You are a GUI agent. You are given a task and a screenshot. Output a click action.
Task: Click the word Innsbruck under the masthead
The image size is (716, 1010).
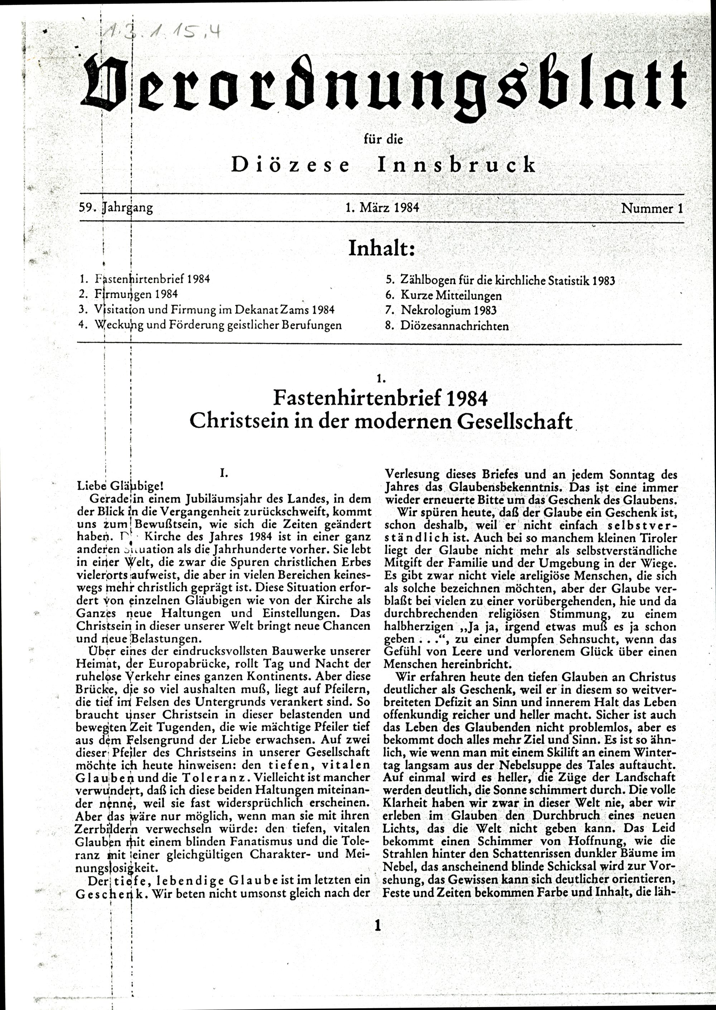tap(456, 165)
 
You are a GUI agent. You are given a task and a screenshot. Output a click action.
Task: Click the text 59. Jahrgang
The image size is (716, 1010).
tap(116, 208)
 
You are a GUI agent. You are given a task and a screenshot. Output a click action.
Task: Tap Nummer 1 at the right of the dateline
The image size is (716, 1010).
tap(652, 208)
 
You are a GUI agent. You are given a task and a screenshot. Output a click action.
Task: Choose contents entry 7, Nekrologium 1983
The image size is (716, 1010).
tap(448, 310)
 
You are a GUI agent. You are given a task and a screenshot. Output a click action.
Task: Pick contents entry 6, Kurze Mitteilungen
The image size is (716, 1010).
tap(451, 295)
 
